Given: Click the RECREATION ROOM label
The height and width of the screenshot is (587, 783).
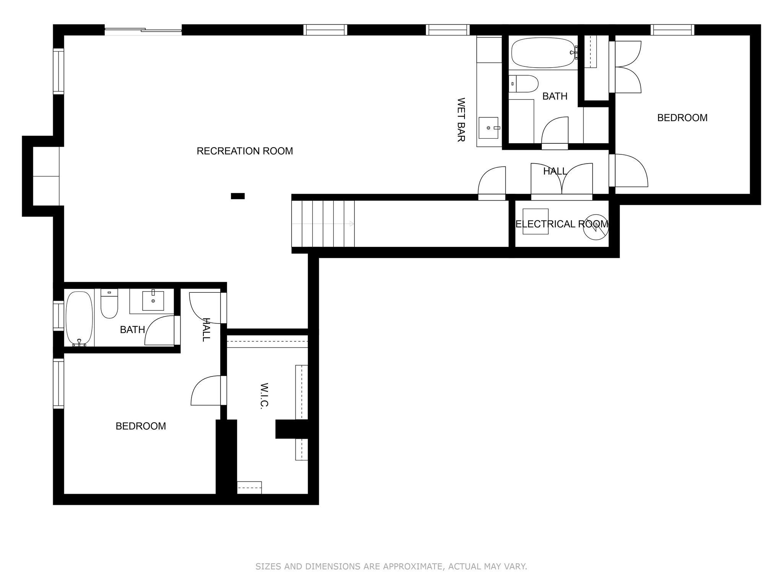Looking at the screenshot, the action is tap(245, 151).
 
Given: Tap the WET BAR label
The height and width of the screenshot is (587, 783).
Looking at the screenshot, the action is tap(461, 120).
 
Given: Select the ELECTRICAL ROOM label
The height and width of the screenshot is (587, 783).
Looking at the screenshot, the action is tap(562, 224).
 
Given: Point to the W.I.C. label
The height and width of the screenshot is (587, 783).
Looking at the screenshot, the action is tap(264, 396).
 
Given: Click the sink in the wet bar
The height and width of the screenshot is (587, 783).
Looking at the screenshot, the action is tap(488, 128).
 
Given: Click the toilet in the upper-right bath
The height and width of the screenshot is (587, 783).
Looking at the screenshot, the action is tap(523, 84).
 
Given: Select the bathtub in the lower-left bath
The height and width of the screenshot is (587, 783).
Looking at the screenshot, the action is tap(79, 319).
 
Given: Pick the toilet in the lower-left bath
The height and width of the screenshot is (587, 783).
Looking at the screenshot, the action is tap(109, 303).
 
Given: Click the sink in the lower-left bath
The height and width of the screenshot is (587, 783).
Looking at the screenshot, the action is tap(153, 301).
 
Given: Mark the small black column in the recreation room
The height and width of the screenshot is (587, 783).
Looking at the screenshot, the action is tap(238, 196).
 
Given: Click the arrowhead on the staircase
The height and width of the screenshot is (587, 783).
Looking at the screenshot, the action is tap(352, 224).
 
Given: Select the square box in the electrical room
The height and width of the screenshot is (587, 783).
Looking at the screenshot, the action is tap(536, 221).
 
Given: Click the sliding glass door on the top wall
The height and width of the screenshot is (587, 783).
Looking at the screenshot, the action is tap(143, 30).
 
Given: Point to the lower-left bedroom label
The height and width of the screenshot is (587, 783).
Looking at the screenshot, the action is tap(141, 426).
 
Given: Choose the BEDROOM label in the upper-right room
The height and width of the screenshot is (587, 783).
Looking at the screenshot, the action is tap(682, 118).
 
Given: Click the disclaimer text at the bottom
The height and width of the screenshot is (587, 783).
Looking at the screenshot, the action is tap(391, 566).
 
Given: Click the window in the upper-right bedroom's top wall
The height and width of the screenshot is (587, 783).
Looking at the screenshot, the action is tap(673, 30).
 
